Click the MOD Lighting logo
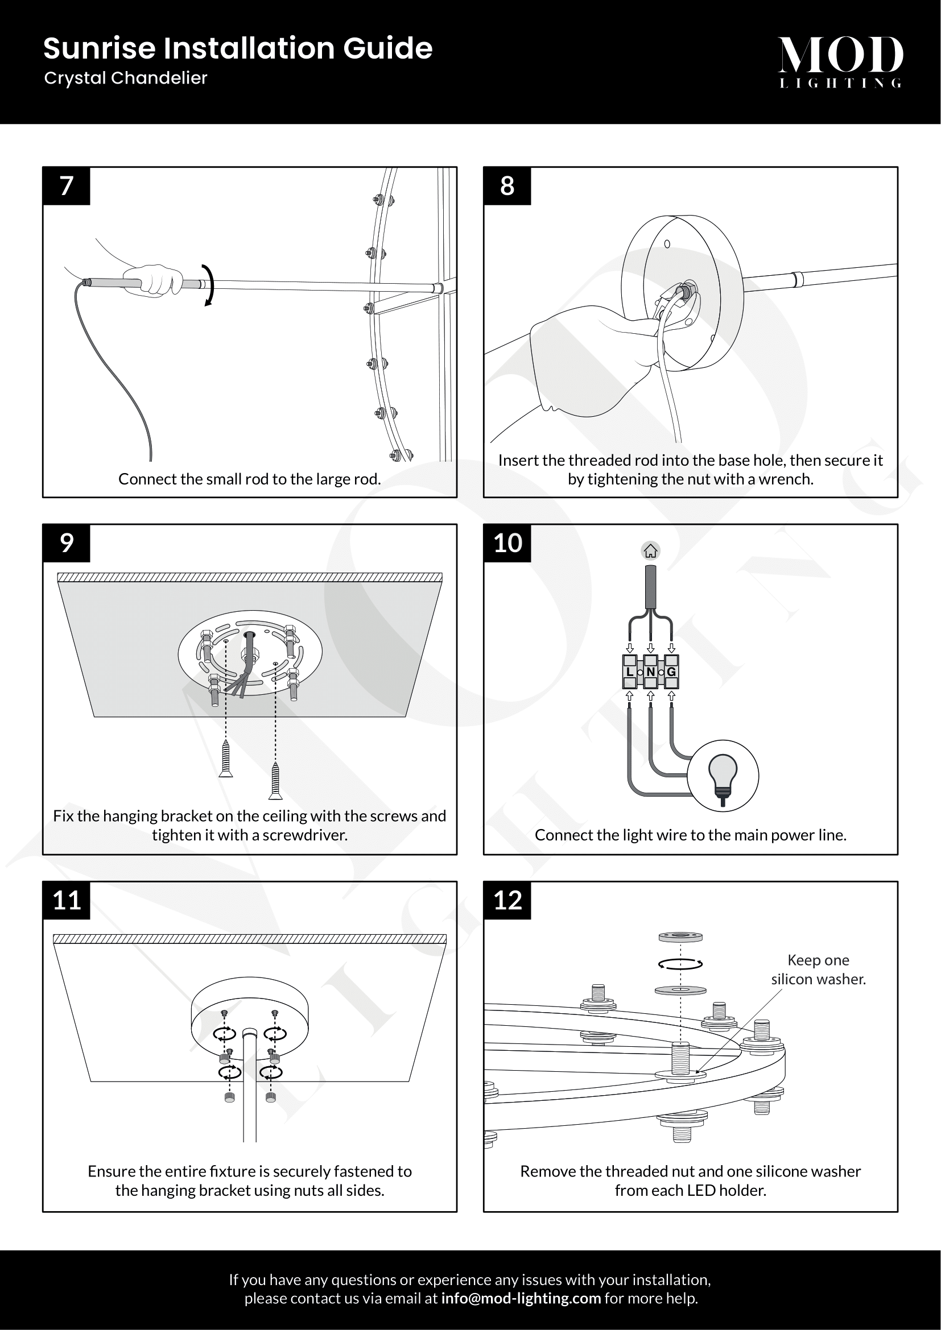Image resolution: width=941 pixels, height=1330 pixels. [840, 61]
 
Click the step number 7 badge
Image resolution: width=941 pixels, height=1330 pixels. [67, 186]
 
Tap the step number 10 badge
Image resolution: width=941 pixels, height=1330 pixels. [507, 544]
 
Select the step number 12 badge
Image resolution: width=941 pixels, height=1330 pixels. [507, 901]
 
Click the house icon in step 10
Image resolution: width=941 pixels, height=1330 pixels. [651, 551]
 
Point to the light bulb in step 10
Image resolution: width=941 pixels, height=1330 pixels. [723, 776]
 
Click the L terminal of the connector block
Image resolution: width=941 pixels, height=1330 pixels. [630, 672]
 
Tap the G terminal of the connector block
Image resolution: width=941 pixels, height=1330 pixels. [671, 672]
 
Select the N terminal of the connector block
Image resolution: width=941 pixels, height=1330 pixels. [651, 672]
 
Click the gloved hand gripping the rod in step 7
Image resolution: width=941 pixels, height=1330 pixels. [152, 280]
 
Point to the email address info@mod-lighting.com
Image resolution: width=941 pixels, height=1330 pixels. [521, 1298]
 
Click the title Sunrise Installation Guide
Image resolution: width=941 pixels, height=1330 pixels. [238, 48]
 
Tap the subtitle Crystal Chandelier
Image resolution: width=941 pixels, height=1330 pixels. [126, 78]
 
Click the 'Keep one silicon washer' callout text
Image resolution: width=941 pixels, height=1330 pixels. [818, 969]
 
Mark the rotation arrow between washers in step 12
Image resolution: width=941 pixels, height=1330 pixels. [681, 964]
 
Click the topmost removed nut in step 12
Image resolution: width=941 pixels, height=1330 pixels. [681, 937]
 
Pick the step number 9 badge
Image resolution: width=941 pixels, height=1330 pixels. [67, 544]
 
